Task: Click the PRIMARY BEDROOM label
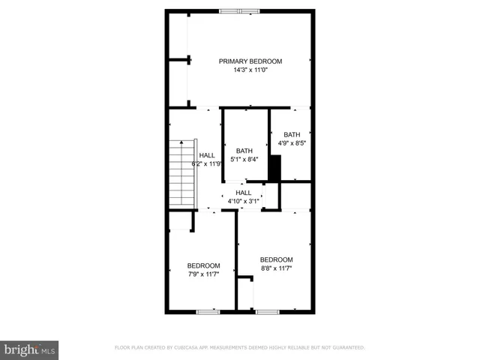point(250,61)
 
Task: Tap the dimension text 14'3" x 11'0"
point(250,70)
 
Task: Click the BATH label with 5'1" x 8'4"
point(244,150)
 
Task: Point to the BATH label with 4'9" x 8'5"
point(291,135)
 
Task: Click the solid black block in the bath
point(274,167)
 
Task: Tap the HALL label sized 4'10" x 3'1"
point(244,193)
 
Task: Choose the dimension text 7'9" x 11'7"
point(203,274)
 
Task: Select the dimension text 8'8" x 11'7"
point(276,268)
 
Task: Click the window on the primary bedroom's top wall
point(240,10)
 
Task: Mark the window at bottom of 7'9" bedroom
point(207,311)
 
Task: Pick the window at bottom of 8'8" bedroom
point(267,311)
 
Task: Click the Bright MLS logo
point(30,349)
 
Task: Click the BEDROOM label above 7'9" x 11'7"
point(203,265)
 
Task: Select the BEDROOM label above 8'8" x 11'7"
point(276,259)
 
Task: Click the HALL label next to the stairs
point(206,155)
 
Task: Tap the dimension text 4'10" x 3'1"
point(244,201)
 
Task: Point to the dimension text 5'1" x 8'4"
point(244,159)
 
